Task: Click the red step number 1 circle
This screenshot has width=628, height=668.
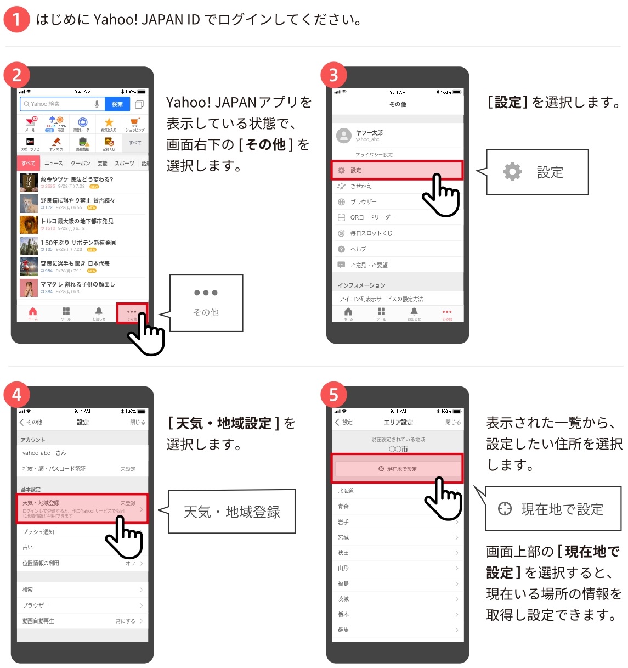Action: point(16,20)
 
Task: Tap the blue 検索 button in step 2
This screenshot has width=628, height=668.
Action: point(117,104)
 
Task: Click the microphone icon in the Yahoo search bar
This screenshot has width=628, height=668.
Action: point(97,104)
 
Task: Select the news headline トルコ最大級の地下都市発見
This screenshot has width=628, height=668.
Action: point(77,221)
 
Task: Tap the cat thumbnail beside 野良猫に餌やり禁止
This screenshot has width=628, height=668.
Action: point(29,204)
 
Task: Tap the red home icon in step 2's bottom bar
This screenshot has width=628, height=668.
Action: point(33,313)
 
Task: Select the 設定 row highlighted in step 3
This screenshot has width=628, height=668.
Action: point(397,170)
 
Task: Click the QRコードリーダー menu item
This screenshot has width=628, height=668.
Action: point(372,217)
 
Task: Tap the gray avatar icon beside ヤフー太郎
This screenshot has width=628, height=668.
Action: point(344,136)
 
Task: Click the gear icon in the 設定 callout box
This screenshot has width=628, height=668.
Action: point(512,172)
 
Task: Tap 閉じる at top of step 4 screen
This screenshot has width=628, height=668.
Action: point(138,422)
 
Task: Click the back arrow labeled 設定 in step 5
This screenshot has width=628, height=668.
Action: point(344,422)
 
